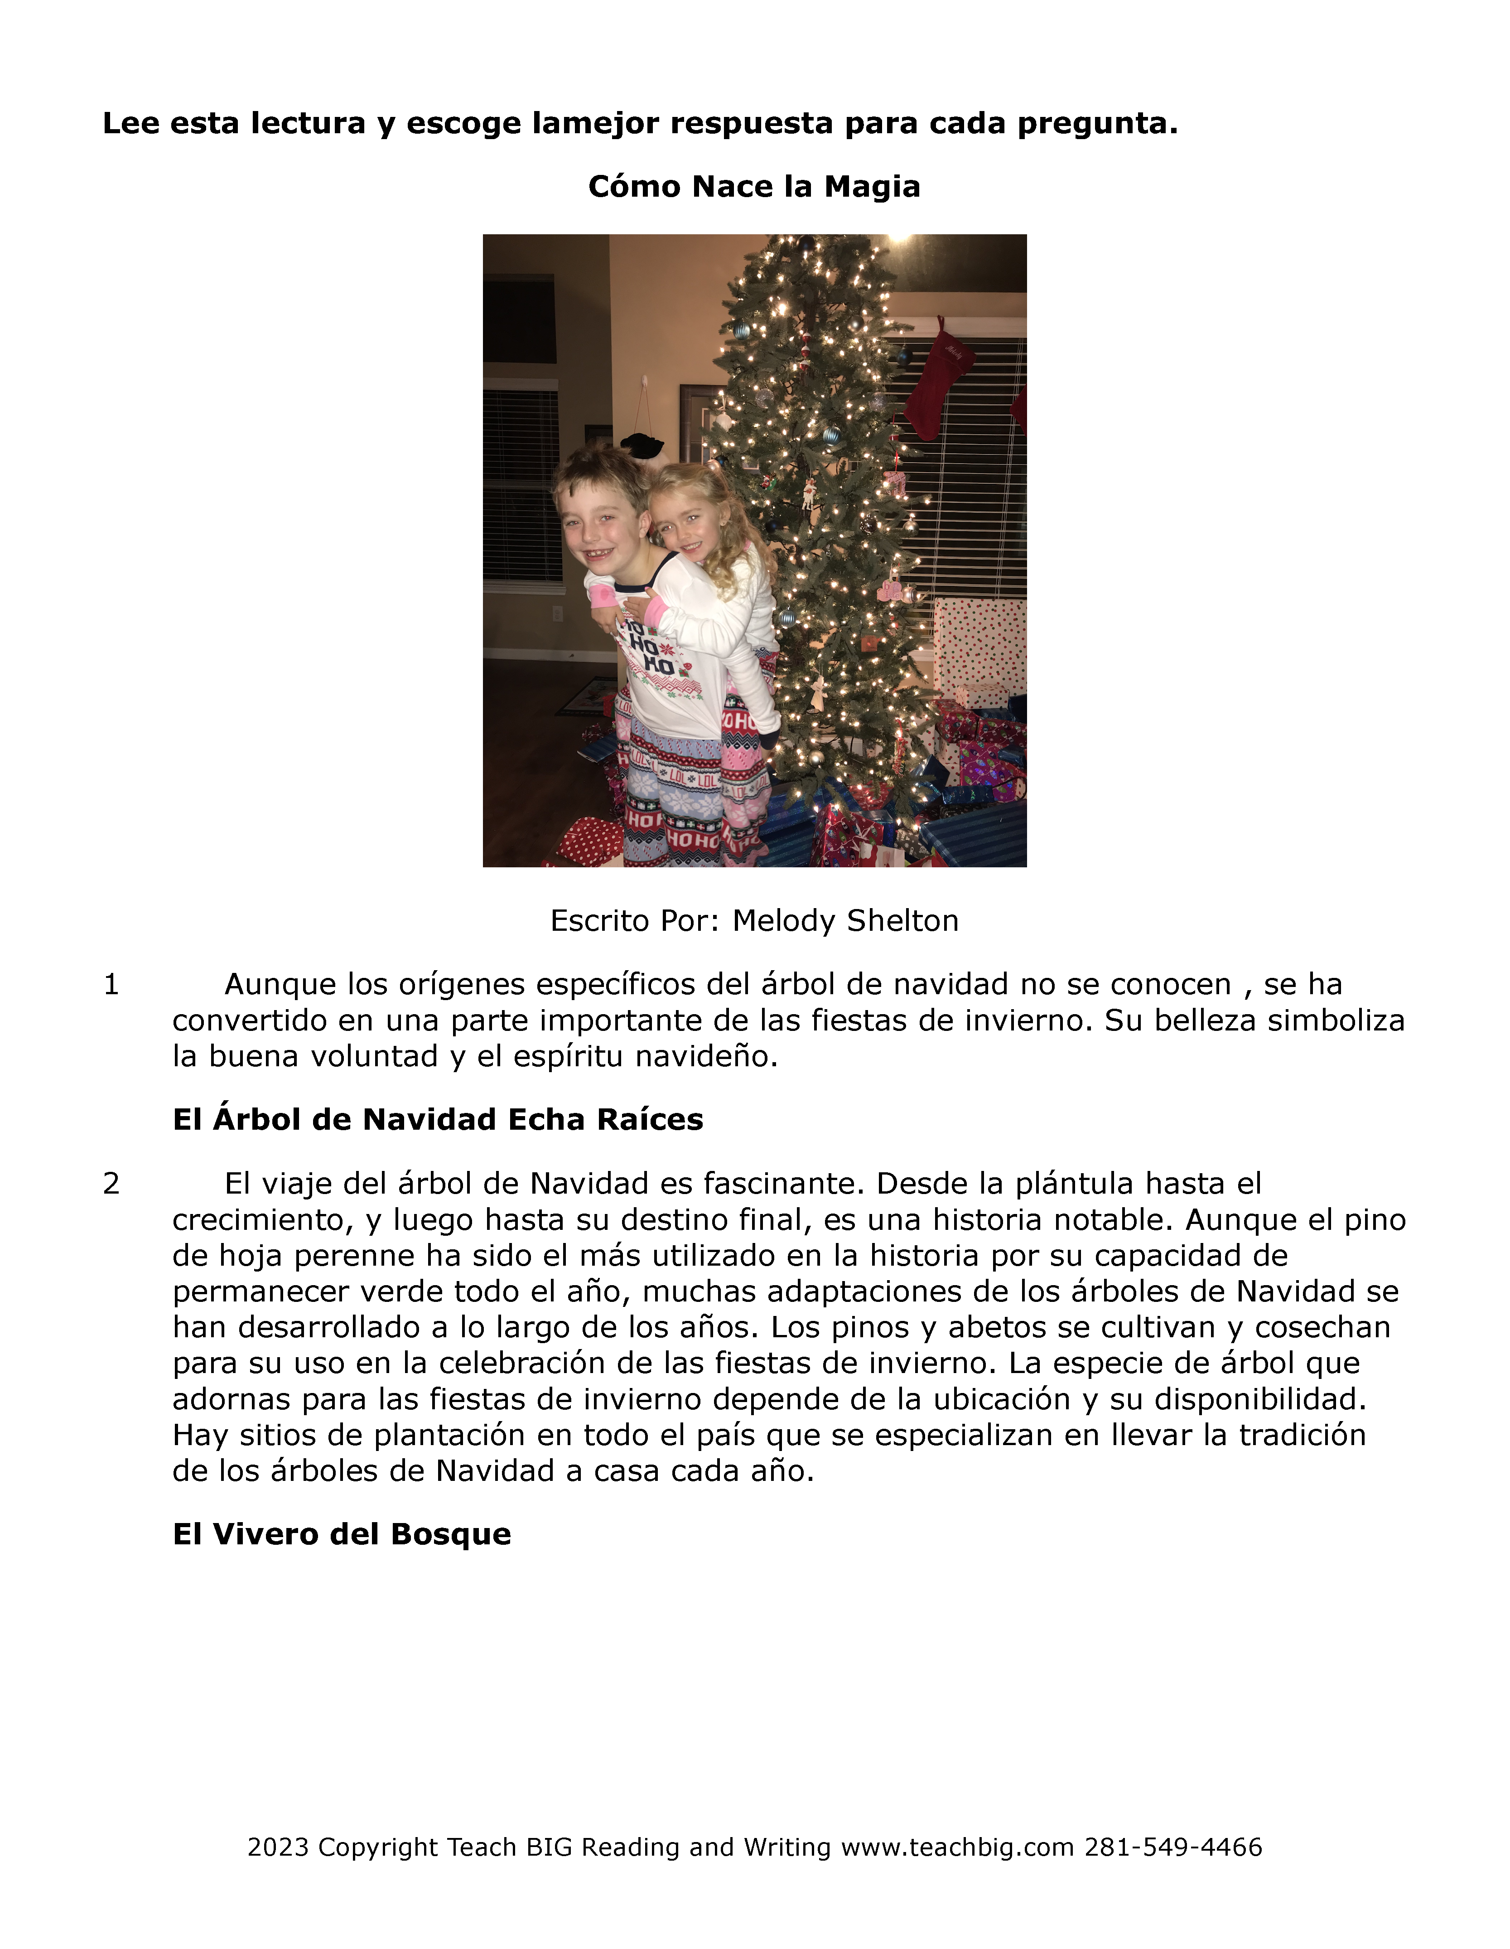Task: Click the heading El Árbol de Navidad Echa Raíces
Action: click(437, 1119)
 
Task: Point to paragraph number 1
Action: click(111, 984)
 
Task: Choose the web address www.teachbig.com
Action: click(958, 1847)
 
